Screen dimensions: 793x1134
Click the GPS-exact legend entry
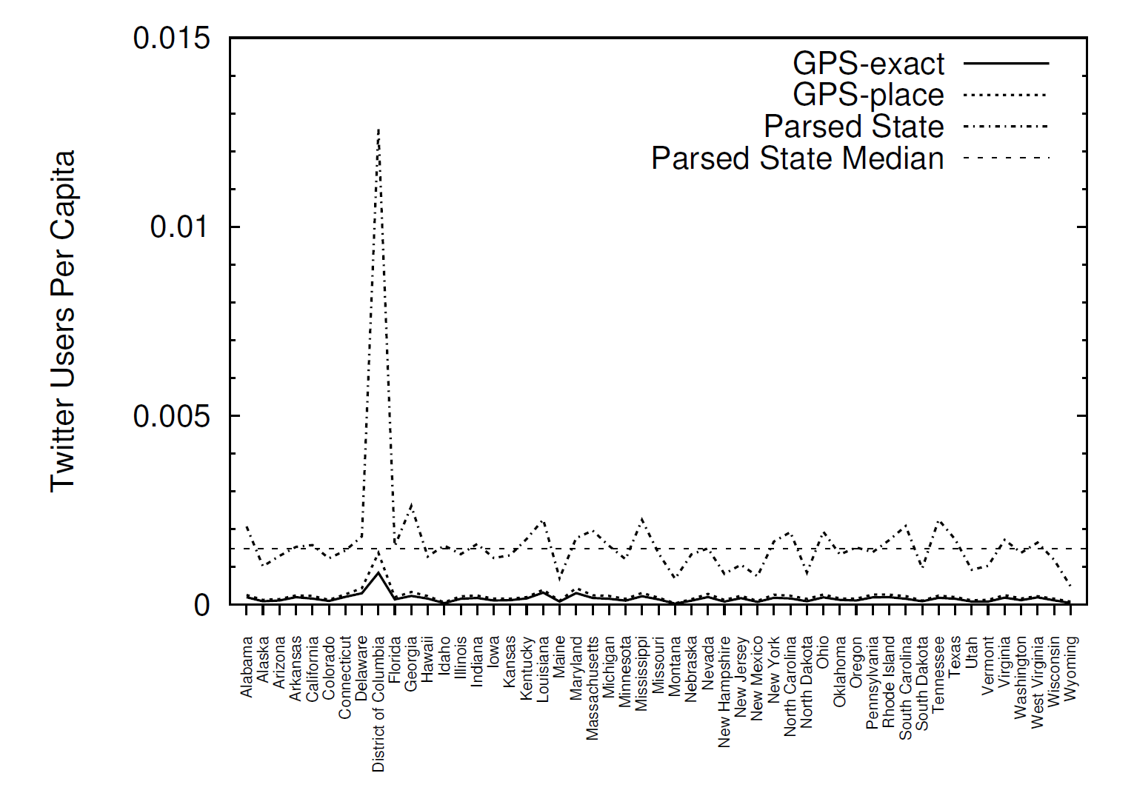[x=868, y=64]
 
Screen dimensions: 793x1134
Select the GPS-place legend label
[x=868, y=95]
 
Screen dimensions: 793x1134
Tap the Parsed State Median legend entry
[x=797, y=158]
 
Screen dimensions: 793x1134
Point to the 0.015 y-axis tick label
[x=172, y=38]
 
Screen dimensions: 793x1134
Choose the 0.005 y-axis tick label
[x=172, y=416]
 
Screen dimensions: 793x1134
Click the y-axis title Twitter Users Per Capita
[x=63, y=321]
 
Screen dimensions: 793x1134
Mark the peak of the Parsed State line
[x=378, y=130]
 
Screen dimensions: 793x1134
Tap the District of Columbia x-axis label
[x=378, y=703]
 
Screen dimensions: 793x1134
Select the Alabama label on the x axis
[x=247, y=666]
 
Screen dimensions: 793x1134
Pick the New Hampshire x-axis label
[x=724, y=691]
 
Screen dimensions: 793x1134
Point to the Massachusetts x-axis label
[x=593, y=688]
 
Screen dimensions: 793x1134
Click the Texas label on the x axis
[x=955, y=655]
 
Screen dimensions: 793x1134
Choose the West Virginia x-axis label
[x=1037, y=682]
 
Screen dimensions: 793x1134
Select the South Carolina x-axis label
[x=905, y=688]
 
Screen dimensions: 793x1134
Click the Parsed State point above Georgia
[x=411, y=505]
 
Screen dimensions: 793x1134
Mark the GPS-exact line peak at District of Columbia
[x=378, y=572]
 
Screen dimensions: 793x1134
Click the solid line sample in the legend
[x=1006, y=64]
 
